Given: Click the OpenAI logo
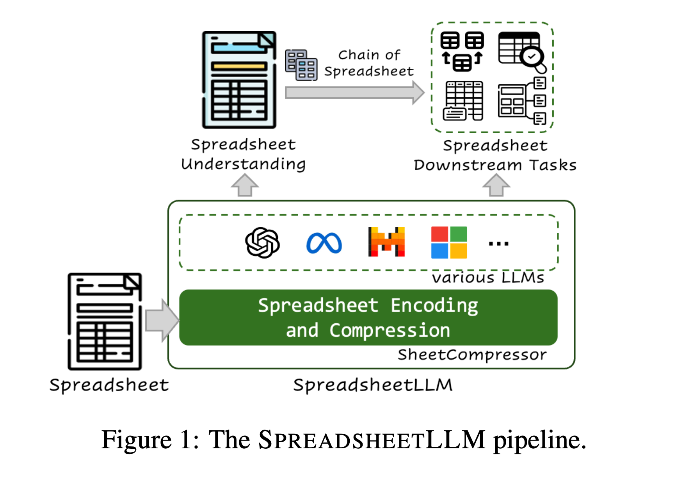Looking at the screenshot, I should (x=262, y=243).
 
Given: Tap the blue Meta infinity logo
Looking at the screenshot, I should (x=324, y=243).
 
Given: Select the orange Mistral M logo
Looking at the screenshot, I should (x=386, y=242).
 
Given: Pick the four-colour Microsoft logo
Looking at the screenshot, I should (x=449, y=243).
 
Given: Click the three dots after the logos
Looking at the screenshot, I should (x=498, y=244).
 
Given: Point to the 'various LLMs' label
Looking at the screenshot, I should (x=487, y=278).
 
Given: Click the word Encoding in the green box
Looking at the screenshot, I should (x=434, y=305).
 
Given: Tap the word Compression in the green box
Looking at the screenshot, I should (x=390, y=330).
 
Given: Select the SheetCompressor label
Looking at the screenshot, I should (x=472, y=355).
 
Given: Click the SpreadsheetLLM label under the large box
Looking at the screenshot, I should (x=373, y=385).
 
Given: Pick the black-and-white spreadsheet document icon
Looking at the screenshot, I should (x=105, y=321).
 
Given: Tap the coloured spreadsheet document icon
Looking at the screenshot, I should (x=239, y=80).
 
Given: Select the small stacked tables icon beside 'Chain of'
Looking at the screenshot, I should (x=301, y=65).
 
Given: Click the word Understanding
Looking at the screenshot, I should (x=243, y=164).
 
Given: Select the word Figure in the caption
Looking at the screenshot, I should (x=136, y=440).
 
